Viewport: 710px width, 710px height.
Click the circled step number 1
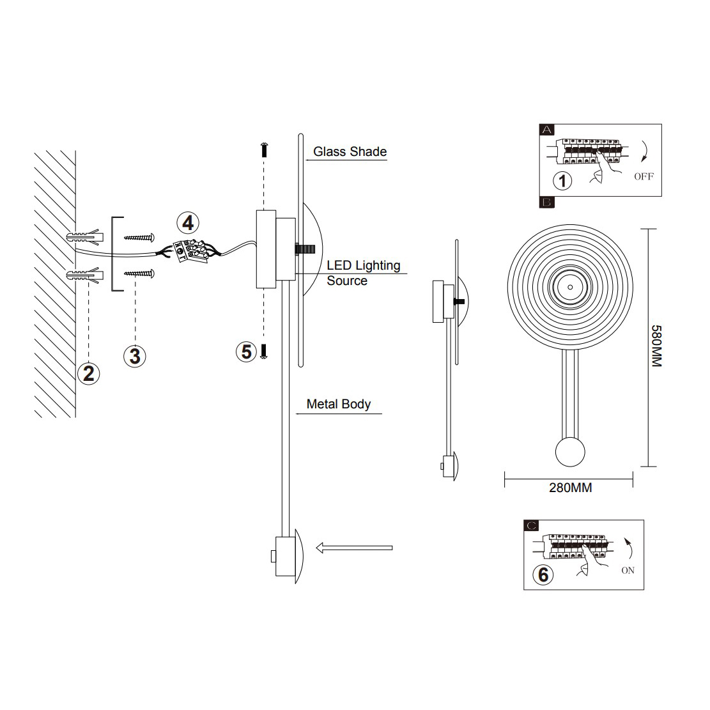(x=562, y=181)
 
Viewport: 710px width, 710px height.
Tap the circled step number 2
(x=89, y=374)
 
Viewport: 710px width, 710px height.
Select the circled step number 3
(x=134, y=356)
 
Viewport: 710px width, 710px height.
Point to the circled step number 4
(x=188, y=223)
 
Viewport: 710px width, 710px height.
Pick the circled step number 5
(x=246, y=352)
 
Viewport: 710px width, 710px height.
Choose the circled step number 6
(x=543, y=575)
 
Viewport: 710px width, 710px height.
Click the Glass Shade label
(x=350, y=151)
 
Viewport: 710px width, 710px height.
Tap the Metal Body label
(x=339, y=404)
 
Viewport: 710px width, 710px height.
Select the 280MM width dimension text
(x=571, y=488)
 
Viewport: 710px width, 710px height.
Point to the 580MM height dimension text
(x=656, y=346)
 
